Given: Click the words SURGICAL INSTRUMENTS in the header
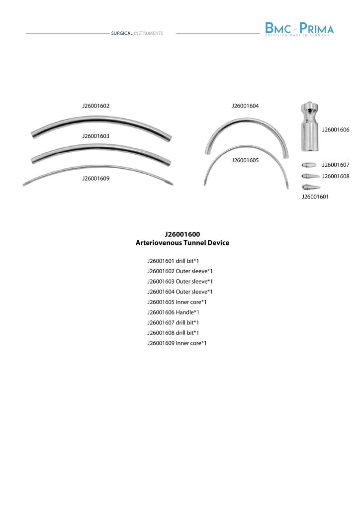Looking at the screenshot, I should [137, 33].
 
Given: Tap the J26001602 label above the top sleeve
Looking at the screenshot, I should [96, 106].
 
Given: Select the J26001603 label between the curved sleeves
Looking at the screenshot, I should [96, 136].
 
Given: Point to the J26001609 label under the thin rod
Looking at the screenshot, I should [96, 179].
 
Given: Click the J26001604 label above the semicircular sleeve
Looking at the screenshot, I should [245, 106].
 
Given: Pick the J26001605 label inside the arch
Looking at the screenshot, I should [245, 161].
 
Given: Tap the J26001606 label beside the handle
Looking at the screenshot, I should [336, 130].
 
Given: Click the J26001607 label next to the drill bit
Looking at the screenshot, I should [336, 165].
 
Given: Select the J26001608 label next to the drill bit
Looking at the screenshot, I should [336, 176].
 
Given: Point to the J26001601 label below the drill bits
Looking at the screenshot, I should [315, 197].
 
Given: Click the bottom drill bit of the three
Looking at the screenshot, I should [309, 187].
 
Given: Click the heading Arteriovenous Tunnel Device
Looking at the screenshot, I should [182, 243].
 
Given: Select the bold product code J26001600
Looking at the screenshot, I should [182, 234].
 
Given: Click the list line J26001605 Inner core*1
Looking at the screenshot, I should [177, 302].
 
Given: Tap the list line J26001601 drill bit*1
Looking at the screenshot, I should [173, 261].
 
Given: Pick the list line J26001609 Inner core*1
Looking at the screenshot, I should [177, 343].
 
